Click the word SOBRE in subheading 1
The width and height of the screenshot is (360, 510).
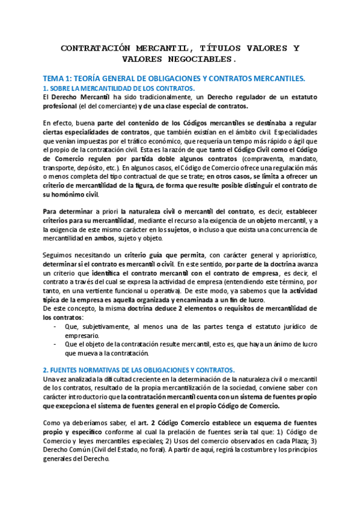coord(58,88)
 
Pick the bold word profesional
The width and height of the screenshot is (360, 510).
coord(59,106)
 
